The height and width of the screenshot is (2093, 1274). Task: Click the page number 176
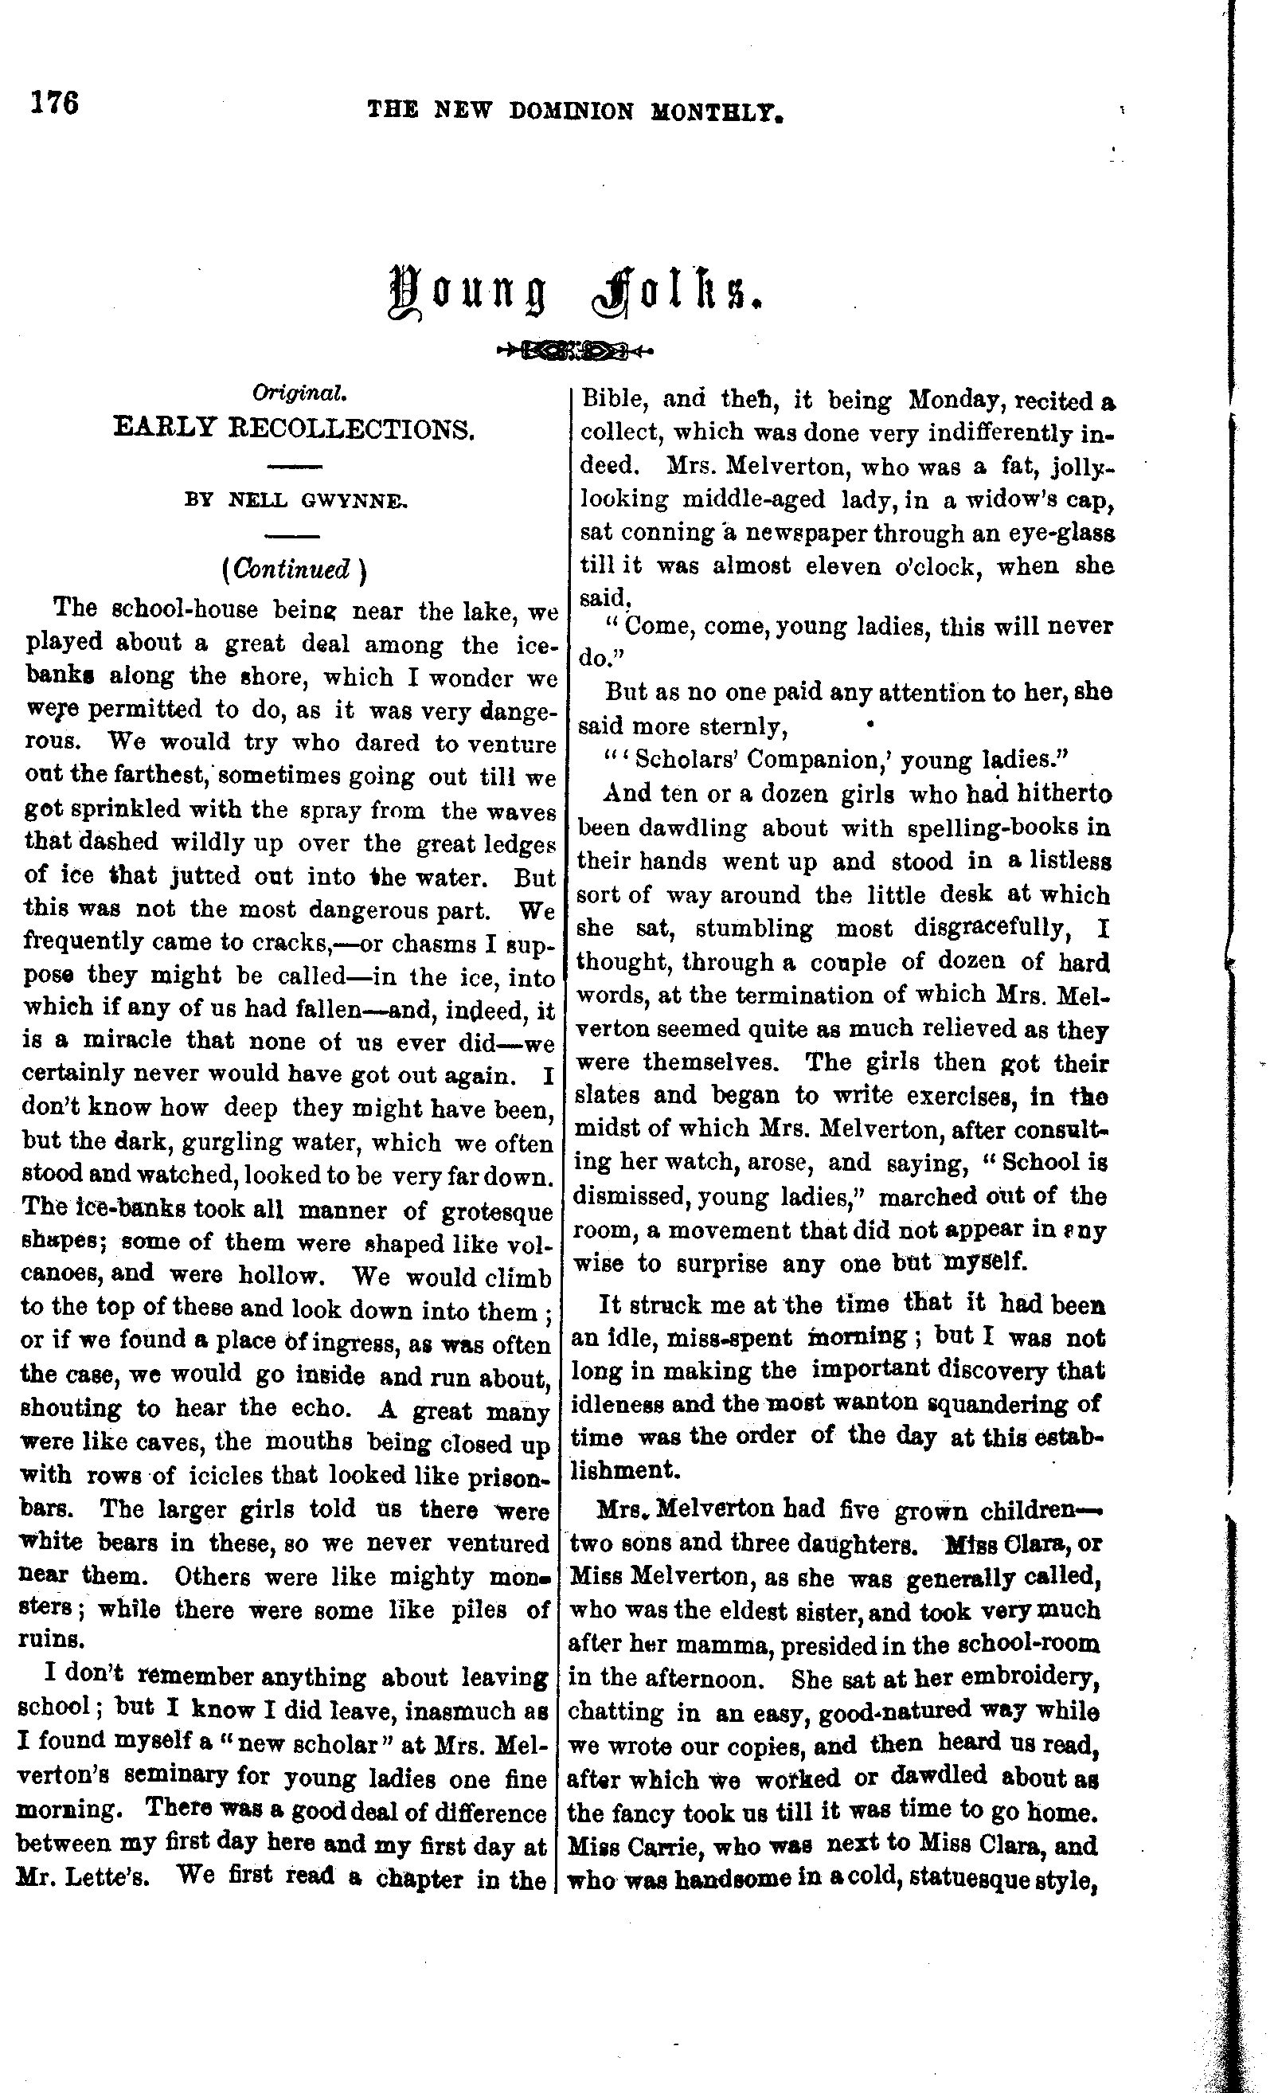click(54, 103)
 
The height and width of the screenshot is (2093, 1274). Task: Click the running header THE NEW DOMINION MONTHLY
click(574, 111)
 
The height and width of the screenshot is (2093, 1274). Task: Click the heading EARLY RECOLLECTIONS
click(293, 429)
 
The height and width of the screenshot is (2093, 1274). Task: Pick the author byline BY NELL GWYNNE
click(295, 501)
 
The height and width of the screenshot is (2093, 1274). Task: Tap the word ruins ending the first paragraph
click(50, 1638)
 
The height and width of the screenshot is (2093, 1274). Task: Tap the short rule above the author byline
click(294, 467)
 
